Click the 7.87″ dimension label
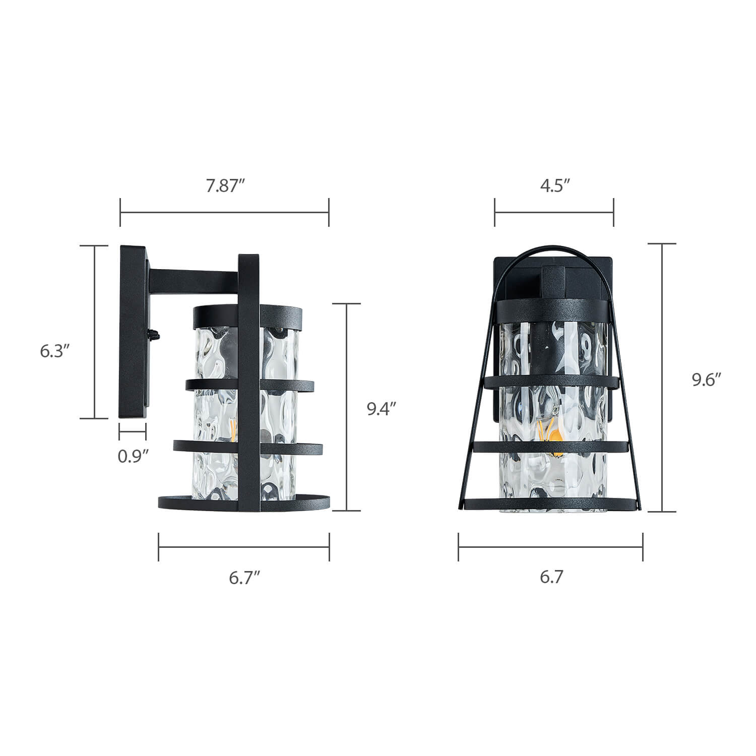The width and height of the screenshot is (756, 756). coord(225,186)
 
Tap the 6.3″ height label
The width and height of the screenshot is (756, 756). coord(54,351)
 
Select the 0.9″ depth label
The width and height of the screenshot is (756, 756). coord(133,456)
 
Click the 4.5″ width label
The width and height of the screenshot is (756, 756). coord(555,186)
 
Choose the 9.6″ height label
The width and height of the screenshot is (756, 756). coord(707,380)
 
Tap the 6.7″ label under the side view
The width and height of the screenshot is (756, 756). coord(244,578)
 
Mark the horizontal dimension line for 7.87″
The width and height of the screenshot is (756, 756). coord(224,212)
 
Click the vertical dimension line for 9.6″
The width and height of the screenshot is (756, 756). coord(662,378)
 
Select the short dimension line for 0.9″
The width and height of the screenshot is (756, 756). coord(133,432)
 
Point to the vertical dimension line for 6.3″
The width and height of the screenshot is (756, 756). coord(94,332)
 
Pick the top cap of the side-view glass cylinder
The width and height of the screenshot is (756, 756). coord(247,314)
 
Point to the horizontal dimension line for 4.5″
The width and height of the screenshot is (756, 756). coord(554,212)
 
